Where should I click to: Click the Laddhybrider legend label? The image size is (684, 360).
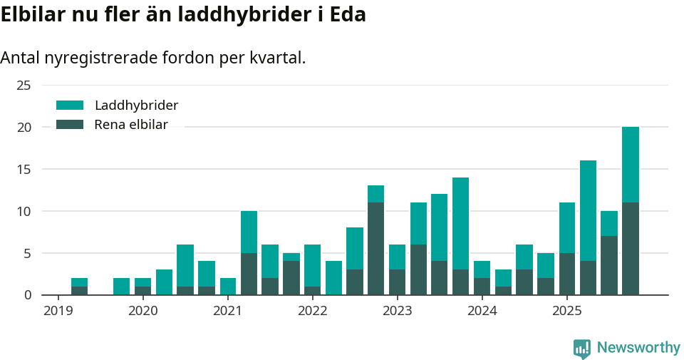136,106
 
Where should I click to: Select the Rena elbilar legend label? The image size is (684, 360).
131,125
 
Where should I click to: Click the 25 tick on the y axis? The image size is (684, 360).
24,86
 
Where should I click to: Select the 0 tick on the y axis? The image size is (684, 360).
28,295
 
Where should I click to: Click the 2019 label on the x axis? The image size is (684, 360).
58,311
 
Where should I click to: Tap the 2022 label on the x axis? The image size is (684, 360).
312,311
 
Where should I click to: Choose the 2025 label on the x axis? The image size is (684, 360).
567,311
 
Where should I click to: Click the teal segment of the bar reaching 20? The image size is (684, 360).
631,165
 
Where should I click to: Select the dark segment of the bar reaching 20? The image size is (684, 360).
631,249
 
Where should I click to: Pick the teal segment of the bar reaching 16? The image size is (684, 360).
588,211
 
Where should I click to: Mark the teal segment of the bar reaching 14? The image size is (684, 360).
460,223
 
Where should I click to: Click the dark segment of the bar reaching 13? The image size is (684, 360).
375,249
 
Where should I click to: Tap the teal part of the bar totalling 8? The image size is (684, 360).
355,249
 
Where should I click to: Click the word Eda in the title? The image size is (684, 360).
348,14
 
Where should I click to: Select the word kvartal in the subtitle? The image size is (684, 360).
274,58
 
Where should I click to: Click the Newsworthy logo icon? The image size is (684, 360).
581,348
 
